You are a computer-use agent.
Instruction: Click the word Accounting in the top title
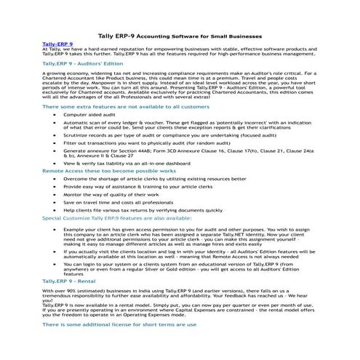point(161,36)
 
